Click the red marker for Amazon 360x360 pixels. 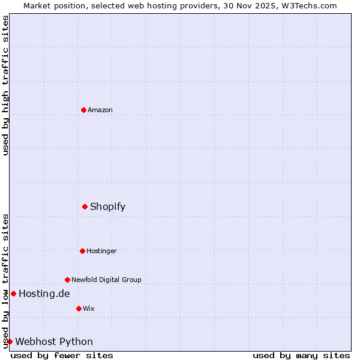click(x=83, y=110)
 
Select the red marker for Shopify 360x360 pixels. click(x=85, y=206)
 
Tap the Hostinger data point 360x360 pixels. click(x=82, y=251)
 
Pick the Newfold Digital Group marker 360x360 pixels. click(x=67, y=280)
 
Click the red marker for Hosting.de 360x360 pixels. click(x=13, y=293)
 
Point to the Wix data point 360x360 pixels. click(x=79, y=308)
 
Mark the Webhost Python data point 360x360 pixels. click(x=10, y=341)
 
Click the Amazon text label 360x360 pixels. click(x=100, y=110)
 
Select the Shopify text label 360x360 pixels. click(x=108, y=207)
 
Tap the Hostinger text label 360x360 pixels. click(x=101, y=251)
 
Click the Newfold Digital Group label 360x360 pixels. click(x=106, y=280)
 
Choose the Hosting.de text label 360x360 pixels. click(x=44, y=293)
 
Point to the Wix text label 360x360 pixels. click(x=89, y=308)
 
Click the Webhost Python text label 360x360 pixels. click(x=54, y=342)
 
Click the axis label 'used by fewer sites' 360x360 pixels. click(x=62, y=355)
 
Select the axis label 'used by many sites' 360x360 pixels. click(x=301, y=355)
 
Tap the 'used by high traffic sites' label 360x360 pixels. click(x=6, y=85)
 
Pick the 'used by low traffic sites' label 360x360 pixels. click(x=6, y=280)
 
